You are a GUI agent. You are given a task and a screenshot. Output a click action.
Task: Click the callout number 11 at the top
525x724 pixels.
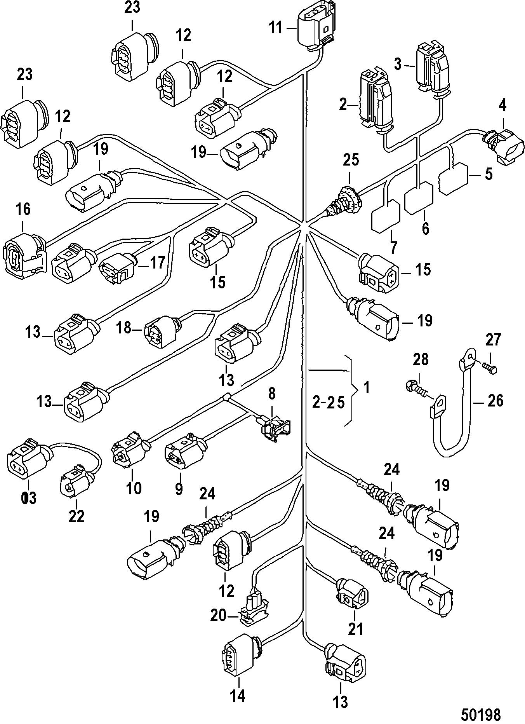pos(276,28)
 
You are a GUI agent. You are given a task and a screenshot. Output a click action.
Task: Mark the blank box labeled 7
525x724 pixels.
pos(386,216)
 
